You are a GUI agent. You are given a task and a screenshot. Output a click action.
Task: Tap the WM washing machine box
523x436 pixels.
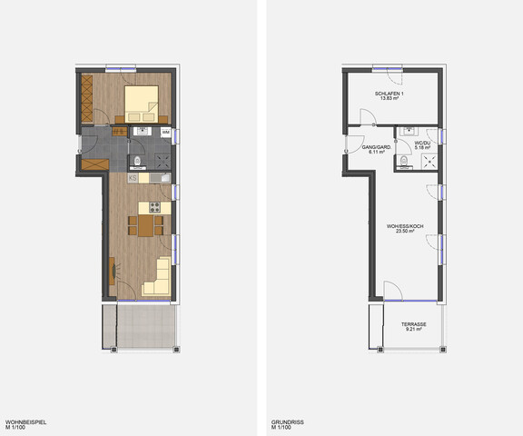pos(165,133)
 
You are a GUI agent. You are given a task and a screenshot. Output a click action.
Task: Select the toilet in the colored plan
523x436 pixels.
pos(135,161)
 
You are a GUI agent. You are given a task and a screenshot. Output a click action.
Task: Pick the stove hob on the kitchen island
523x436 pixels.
pos(154,207)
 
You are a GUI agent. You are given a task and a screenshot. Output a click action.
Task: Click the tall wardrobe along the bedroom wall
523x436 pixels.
pos(87,97)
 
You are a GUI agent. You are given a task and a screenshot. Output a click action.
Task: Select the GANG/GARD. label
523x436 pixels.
pos(375,147)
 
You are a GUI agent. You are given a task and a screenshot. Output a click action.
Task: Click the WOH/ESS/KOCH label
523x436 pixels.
pos(405,226)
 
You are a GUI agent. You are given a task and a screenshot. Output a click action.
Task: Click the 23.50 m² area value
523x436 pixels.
pos(405,233)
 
